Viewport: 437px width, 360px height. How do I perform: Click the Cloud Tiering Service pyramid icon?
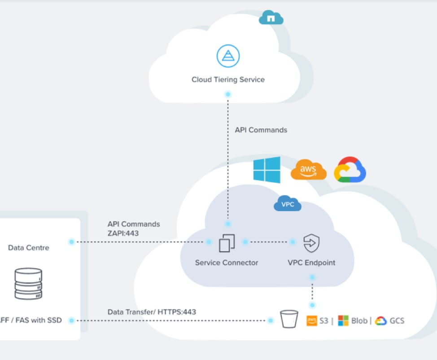(228, 56)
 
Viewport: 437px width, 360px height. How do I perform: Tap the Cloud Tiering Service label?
(228, 80)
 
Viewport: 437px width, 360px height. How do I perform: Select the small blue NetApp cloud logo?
(271, 18)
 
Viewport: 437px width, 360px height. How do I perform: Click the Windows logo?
(267, 170)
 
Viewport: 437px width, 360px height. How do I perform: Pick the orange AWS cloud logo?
(309, 171)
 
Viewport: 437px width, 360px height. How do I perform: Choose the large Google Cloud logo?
(350, 170)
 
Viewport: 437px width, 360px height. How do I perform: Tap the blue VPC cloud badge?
(287, 204)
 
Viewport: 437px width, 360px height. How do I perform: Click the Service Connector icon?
(227, 243)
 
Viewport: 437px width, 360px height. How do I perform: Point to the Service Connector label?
(227, 263)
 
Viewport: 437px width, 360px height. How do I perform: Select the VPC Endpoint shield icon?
(311, 243)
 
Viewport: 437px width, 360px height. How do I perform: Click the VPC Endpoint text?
(311, 263)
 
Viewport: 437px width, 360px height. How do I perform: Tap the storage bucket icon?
(289, 320)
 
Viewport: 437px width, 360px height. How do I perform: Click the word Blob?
(359, 320)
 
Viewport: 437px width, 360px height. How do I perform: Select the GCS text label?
(397, 320)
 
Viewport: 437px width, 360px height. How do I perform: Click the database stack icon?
(28, 284)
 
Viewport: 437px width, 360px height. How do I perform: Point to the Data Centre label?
(29, 248)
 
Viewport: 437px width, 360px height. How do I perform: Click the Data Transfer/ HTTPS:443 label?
(152, 312)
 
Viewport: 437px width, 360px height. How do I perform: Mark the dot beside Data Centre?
(71, 242)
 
